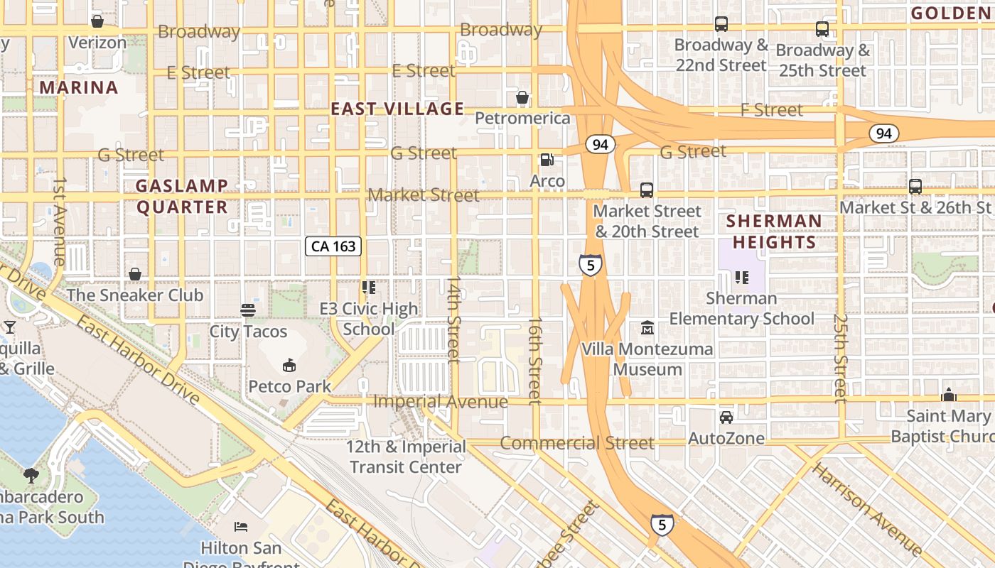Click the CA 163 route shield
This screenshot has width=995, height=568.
pyautogui.click(x=334, y=246)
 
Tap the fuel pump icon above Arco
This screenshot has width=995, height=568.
pyautogui.click(x=547, y=160)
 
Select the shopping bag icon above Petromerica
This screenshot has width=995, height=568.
pyautogui.click(x=522, y=97)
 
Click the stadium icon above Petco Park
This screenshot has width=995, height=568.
pyautogui.click(x=289, y=366)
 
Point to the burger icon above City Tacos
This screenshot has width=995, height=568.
pyautogui.click(x=248, y=310)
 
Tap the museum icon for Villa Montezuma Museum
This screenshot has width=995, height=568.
pyautogui.click(x=647, y=328)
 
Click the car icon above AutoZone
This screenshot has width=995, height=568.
pyautogui.click(x=726, y=417)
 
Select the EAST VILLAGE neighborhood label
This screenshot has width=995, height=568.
pyautogui.click(x=397, y=109)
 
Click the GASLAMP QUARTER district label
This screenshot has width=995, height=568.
pyautogui.click(x=182, y=197)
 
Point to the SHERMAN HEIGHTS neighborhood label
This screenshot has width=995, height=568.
pyautogui.click(x=774, y=231)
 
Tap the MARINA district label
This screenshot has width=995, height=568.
pyautogui.click(x=78, y=87)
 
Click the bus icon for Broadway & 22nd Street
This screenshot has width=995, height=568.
pyautogui.click(x=721, y=24)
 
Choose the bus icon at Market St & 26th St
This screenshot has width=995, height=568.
pyautogui.click(x=915, y=187)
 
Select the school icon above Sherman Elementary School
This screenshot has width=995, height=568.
pyautogui.click(x=742, y=277)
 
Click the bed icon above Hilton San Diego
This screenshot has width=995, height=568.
pyautogui.click(x=241, y=527)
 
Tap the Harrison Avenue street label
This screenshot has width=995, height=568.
pyautogui.click(x=867, y=508)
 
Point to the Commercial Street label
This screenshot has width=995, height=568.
pyautogui.click(x=577, y=443)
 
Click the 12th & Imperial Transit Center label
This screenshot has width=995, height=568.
pyautogui.click(x=407, y=457)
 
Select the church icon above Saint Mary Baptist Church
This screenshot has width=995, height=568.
pyautogui.click(x=949, y=395)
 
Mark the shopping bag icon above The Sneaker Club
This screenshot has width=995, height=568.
pyautogui.click(x=135, y=274)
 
